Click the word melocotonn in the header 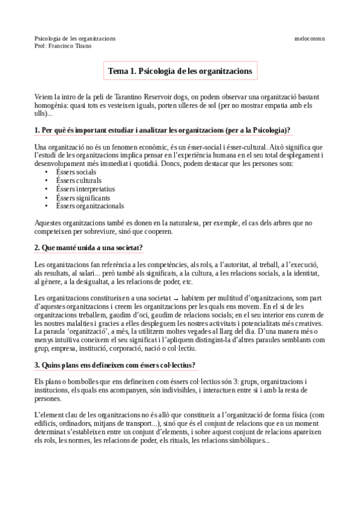[x=309, y=38]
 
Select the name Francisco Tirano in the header [x=73, y=46]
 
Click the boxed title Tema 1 [x=180, y=71]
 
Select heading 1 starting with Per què [x=163, y=130]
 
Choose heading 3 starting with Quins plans [x=115, y=365]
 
